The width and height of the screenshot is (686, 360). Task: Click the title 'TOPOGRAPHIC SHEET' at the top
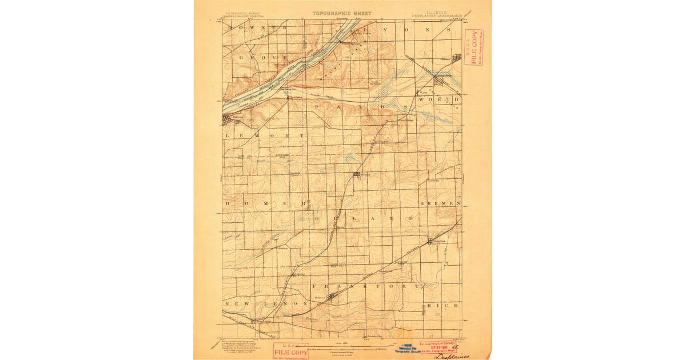point(341,13)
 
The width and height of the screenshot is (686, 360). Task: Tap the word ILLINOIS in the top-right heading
point(436,11)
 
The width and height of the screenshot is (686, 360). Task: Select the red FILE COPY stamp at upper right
point(473,47)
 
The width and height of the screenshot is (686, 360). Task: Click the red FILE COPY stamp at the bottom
point(290,351)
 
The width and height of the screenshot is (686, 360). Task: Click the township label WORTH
point(439,99)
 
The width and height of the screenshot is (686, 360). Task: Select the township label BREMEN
point(440,203)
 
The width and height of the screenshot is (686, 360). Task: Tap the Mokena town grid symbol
point(330,295)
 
